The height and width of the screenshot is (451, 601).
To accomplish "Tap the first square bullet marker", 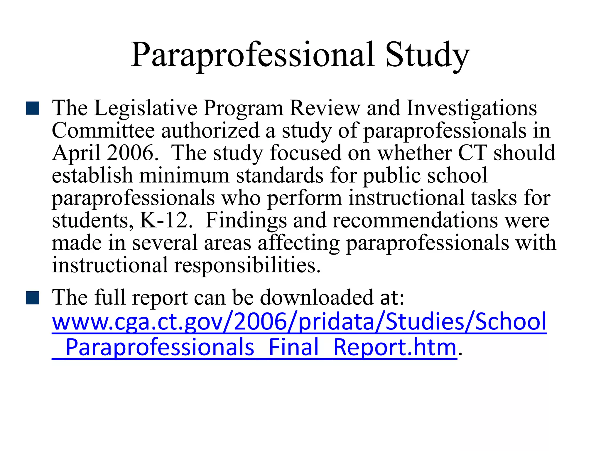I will (33, 108).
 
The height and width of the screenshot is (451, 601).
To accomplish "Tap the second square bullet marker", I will (33, 298).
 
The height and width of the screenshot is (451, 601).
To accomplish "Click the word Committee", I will (103, 131).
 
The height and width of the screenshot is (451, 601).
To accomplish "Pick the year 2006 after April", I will (130, 153).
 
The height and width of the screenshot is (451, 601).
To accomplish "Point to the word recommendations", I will (415, 220).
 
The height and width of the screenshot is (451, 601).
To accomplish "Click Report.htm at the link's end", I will (395, 348).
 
